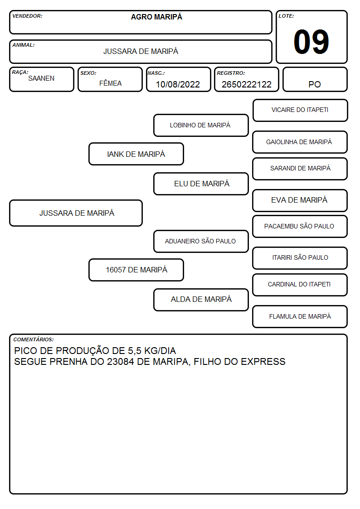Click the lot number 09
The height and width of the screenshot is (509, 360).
(x=311, y=42)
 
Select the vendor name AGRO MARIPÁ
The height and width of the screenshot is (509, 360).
(x=156, y=17)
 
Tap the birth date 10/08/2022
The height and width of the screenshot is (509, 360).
(x=178, y=84)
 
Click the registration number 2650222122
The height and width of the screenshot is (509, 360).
(x=246, y=84)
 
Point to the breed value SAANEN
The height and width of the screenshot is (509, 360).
(x=41, y=78)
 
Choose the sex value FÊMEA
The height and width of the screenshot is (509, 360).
(x=110, y=83)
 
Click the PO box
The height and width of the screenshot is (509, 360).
(x=315, y=79)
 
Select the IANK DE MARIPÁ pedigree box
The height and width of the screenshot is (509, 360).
(x=136, y=154)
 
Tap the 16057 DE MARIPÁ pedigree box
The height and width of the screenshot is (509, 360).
(x=136, y=270)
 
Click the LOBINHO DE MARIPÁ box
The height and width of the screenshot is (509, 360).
(x=201, y=125)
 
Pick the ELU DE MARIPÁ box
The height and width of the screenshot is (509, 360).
(x=201, y=184)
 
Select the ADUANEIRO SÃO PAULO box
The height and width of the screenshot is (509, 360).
(x=201, y=241)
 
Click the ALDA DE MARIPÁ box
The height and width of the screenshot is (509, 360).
(x=201, y=300)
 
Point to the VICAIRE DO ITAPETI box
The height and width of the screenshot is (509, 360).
(x=300, y=111)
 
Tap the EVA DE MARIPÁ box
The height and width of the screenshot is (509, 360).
(x=300, y=200)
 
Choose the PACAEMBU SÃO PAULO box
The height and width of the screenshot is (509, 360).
(x=300, y=226)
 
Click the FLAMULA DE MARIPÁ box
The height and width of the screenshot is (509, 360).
(x=300, y=316)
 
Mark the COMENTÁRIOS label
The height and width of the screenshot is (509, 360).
(x=34, y=339)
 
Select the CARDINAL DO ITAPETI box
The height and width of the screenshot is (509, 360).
(x=300, y=285)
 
